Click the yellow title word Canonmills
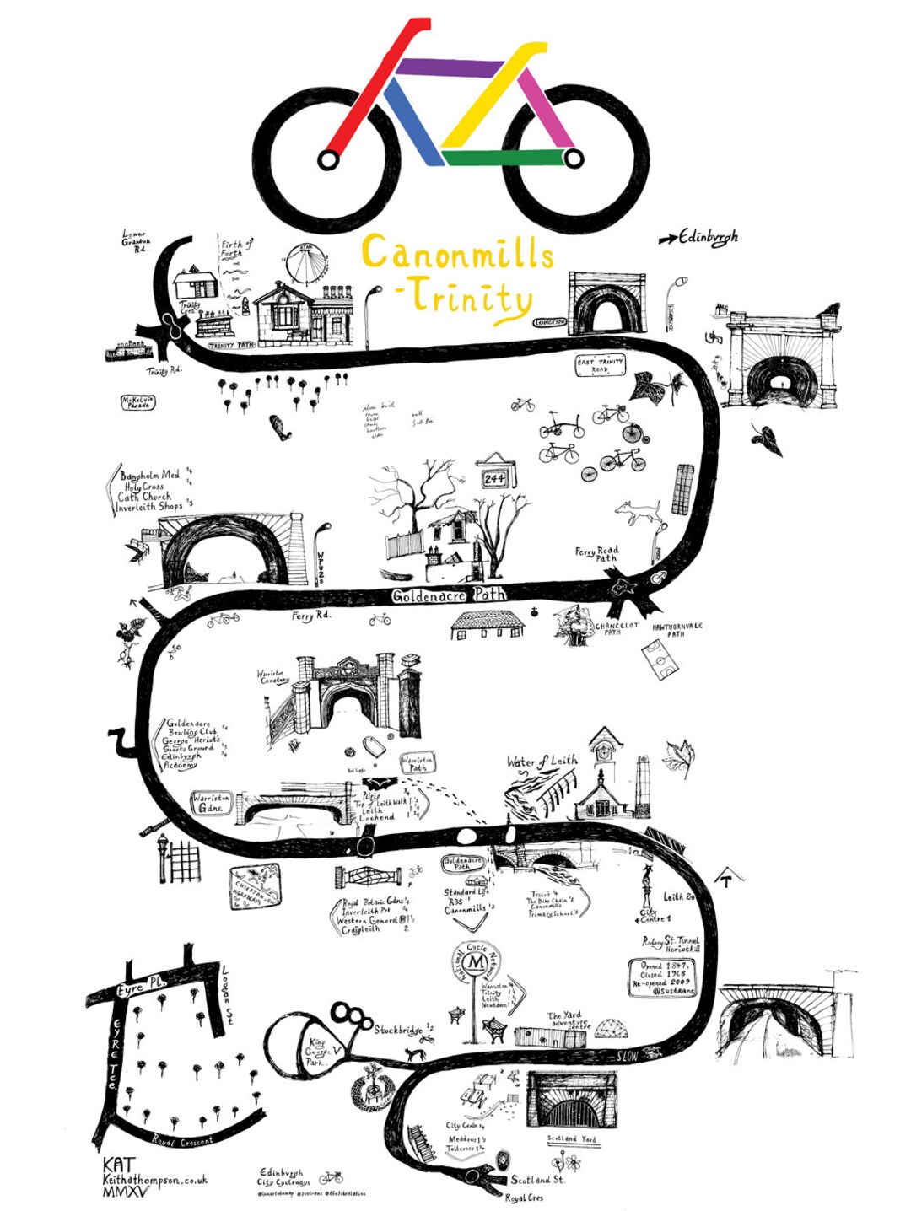pyautogui.click(x=457, y=253)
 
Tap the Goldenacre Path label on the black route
pyautogui.click(x=449, y=595)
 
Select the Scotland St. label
pyautogui.click(x=538, y=1179)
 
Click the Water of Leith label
pyautogui.click(x=542, y=762)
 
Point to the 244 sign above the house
pyautogui.click(x=495, y=478)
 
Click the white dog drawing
pyautogui.click(x=639, y=511)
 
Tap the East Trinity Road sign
pyautogui.click(x=600, y=365)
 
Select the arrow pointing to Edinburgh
pyautogui.click(x=667, y=240)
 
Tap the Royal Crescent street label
pyautogui.click(x=182, y=1141)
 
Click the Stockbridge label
pyautogui.click(x=399, y=1029)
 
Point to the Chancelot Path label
pyautogui.click(x=617, y=628)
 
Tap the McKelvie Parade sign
pyautogui.click(x=137, y=402)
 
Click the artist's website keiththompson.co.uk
pyautogui.click(x=154, y=1180)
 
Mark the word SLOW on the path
pyautogui.click(x=628, y=1055)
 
